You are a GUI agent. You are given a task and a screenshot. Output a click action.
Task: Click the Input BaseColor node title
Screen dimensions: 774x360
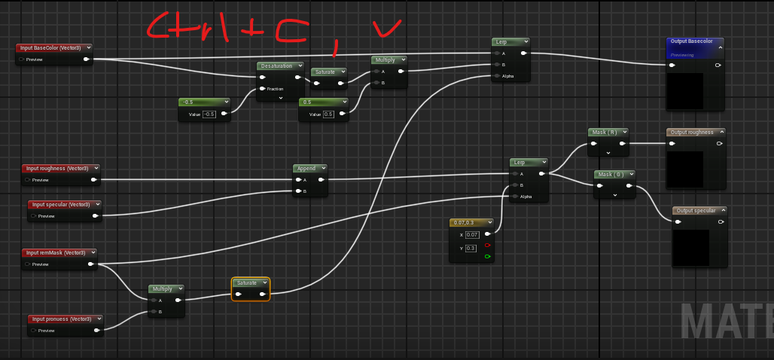pos(50,48)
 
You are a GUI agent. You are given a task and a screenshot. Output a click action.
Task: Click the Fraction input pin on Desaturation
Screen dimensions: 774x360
pos(263,89)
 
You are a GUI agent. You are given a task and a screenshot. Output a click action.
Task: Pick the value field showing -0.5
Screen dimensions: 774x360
pos(209,114)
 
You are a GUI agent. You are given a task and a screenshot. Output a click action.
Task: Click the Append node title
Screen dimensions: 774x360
pos(306,169)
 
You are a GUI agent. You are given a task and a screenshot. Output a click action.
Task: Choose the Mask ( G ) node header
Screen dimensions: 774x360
pos(610,175)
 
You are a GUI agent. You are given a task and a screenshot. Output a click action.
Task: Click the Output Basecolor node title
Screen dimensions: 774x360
pos(690,43)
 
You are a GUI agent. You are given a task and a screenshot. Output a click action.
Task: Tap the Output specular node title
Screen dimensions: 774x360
pos(695,211)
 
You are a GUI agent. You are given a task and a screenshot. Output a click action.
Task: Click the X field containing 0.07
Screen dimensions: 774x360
pos(471,235)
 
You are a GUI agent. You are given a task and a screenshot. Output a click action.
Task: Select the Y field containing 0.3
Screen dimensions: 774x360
pos(471,247)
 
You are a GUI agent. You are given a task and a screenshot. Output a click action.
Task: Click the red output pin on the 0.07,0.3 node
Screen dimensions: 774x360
pos(488,246)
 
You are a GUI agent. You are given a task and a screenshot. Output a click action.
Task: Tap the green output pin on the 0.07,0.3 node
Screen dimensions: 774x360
pos(488,258)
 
